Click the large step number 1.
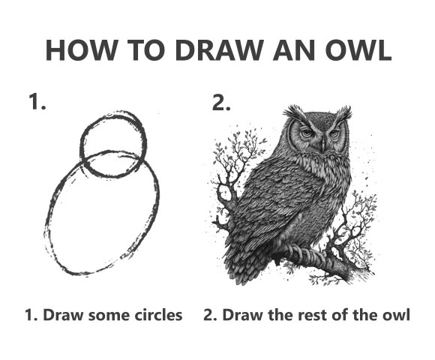click(37, 102)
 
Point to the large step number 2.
click(221, 102)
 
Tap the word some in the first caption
click(109, 316)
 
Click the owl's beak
click(323, 144)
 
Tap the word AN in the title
click(294, 50)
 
